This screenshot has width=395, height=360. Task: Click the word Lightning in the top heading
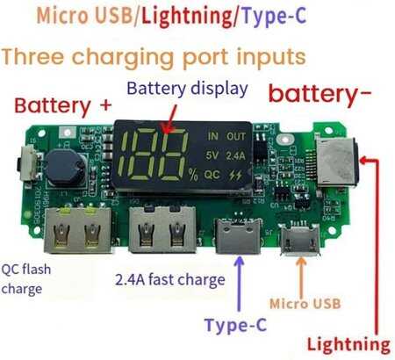[186, 17]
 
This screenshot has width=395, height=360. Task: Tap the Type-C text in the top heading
[275, 16]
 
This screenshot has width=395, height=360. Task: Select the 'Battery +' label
[63, 106]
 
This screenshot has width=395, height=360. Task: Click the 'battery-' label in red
[320, 94]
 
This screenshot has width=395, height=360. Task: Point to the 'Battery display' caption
[188, 89]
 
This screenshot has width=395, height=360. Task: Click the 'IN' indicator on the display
[213, 136]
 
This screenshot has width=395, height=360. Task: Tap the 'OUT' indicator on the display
[236, 136]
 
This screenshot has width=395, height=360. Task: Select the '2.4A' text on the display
[235, 155]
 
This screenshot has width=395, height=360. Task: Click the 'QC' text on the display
[212, 175]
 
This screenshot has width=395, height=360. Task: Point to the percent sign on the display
[193, 175]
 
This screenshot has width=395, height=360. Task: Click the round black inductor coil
[65, 168]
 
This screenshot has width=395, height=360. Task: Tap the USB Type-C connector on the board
[238, 236]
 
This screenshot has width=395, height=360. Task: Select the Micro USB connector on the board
[299, 240]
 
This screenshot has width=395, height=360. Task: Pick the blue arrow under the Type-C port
[240, 284]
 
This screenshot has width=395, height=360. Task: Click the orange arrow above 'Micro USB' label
[301, 277]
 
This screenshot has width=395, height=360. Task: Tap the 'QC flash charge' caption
[26, 279]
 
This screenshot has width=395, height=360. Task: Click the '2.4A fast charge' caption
[170, 279]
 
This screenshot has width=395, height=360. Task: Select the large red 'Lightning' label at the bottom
[348, 345]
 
